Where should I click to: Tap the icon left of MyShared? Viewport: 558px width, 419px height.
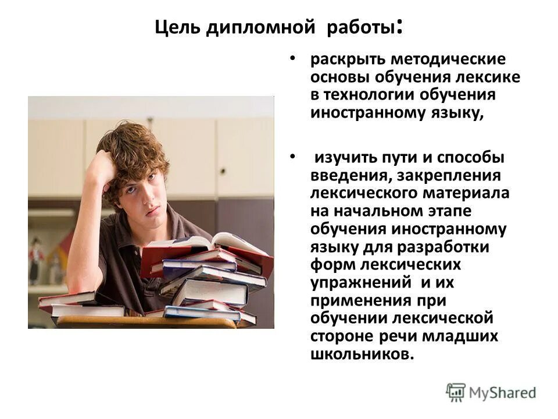(x=456, y=392)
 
